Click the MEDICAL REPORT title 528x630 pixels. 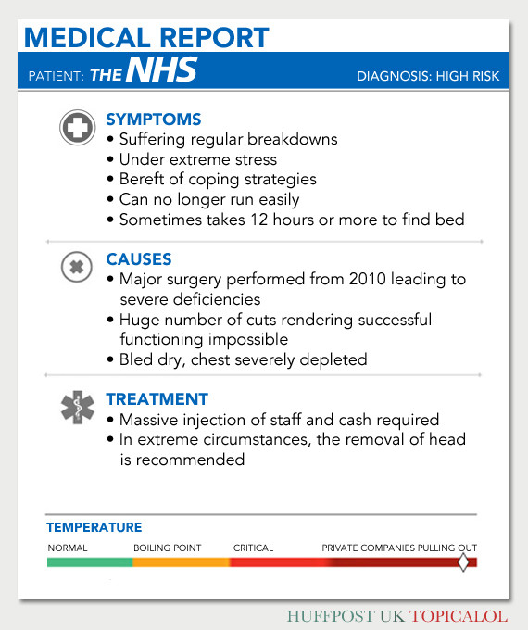tap(146, 38)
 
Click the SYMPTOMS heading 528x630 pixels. tap(154, 120)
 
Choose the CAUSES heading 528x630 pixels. tap(139, 259)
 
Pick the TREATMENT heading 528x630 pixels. tap(157, 399)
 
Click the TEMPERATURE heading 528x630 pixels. tap(94, 528)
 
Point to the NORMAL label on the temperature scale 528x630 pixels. tap(68, 548)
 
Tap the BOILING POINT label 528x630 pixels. tap(168, 548)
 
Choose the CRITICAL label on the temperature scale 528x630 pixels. tap(254, 548)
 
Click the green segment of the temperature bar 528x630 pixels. tap(90, 562)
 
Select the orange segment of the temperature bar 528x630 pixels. tap(182, 562)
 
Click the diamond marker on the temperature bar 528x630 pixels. tap(464, 562)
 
